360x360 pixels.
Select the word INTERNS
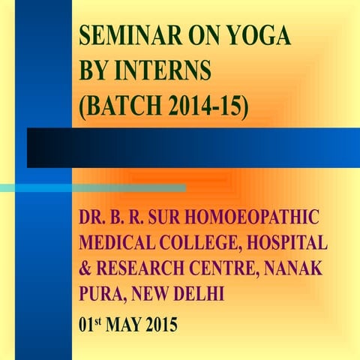[167, 73]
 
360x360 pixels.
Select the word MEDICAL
[116, 244]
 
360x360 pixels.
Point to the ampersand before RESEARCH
[83, 269]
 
